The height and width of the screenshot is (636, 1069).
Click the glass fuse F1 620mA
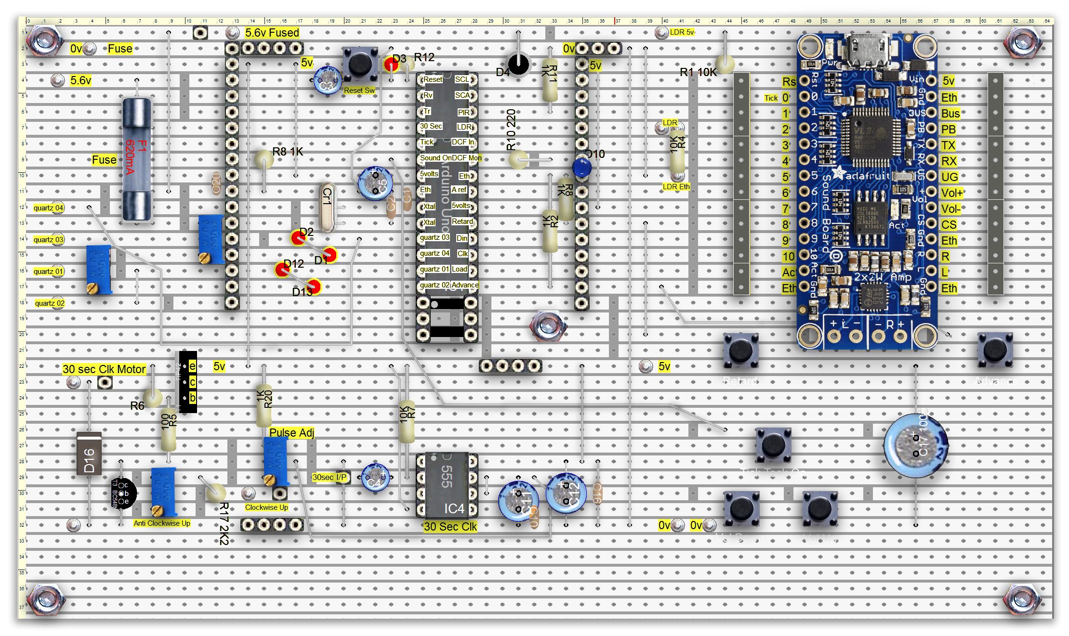(137, 159)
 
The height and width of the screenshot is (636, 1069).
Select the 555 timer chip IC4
(447, 485)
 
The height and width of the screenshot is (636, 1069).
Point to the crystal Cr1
(327, 207)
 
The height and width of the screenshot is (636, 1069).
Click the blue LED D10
(582, 168)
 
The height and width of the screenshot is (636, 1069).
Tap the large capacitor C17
(915, 445)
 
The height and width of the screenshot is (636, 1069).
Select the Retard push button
(741, 350)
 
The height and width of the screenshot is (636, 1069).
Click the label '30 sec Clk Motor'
(104, 369)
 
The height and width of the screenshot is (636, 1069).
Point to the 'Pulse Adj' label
(291, 433)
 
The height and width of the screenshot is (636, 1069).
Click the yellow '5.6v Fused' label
(272, 33)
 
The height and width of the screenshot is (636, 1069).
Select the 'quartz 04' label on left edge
(48, 208)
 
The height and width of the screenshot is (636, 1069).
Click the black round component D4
(518, 65)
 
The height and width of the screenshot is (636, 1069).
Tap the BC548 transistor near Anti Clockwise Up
(124, 493)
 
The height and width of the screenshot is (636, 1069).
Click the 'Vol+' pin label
(951, 193)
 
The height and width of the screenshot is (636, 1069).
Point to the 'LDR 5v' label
(682, 32)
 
